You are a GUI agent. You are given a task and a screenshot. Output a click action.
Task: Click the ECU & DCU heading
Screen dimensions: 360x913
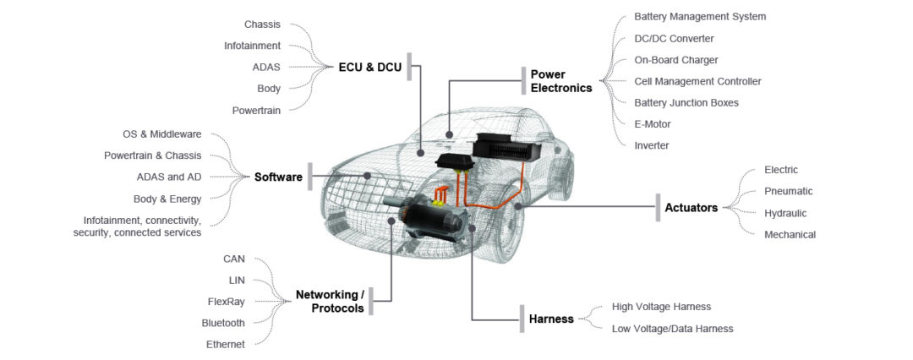coord(369,67)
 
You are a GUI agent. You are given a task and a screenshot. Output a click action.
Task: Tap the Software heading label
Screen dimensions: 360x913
coord(278,177)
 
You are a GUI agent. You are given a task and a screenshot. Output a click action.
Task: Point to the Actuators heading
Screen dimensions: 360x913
coord(691,207)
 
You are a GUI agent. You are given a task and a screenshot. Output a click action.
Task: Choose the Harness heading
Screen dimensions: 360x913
coord(551,319)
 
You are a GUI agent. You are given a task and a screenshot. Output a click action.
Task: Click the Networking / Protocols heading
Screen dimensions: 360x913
coord(330,301)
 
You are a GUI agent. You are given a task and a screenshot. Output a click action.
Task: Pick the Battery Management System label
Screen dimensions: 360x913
coord(700,16)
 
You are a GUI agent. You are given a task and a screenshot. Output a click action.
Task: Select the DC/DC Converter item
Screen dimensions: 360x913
coord(674,38)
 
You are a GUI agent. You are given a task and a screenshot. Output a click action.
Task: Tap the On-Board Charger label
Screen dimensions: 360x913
coord(676,60)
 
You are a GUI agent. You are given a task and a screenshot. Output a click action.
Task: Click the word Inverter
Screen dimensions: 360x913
coord(652,145)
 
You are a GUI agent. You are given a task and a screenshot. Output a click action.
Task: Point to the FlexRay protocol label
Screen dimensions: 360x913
coord(226,301)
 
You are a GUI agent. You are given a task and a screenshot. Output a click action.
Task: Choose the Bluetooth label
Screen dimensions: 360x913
coord(223,323)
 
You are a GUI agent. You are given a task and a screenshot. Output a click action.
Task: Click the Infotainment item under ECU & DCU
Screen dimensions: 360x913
coord(252,46)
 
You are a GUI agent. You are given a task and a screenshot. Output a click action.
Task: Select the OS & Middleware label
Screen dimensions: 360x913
coord(161,134)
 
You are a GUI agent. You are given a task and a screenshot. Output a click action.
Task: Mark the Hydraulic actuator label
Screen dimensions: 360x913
coord(785,213)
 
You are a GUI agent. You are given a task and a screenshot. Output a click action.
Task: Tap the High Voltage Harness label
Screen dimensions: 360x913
coord(661,307)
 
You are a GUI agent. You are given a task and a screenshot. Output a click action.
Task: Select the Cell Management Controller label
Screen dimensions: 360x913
coord(697,81)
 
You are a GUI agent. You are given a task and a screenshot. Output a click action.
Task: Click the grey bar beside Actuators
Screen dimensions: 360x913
coord(658,207)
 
